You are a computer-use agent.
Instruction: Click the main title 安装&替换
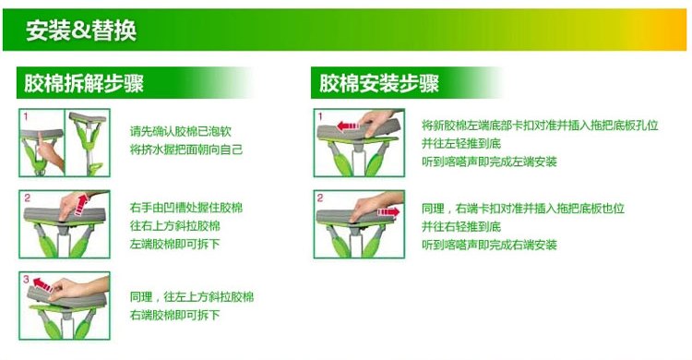click(81, 30)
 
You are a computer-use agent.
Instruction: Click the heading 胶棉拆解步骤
click(84, 83)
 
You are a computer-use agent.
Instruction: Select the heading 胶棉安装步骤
click(379, 83)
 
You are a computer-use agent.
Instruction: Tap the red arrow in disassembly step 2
click(81, 205)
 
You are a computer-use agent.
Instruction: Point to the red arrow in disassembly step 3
click(42, 284)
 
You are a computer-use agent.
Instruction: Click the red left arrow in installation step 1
click(348, 126)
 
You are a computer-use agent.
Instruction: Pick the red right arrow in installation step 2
click(388, 212)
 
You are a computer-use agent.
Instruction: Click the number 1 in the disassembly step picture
click(26, 116)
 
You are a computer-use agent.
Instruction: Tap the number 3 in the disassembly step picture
click(26, 279)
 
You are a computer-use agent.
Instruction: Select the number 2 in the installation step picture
click(320, 198)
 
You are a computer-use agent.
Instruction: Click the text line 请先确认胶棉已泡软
click(181, 131)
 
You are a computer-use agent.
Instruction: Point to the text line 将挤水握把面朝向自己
click(186, 150)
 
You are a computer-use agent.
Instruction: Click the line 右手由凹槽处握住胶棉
click(186, 208)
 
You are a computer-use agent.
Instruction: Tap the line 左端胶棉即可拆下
click(174, 244)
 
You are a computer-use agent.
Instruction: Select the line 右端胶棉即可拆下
click(174, 315)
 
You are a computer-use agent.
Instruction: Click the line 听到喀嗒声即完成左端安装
click(489, 162)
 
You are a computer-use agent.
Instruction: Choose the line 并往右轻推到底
click(461, 226)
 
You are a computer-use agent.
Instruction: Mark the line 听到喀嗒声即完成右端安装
click(489, 245)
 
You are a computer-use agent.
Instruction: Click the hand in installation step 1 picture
click(378, 123)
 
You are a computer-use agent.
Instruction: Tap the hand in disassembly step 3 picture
click(78, 289)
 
